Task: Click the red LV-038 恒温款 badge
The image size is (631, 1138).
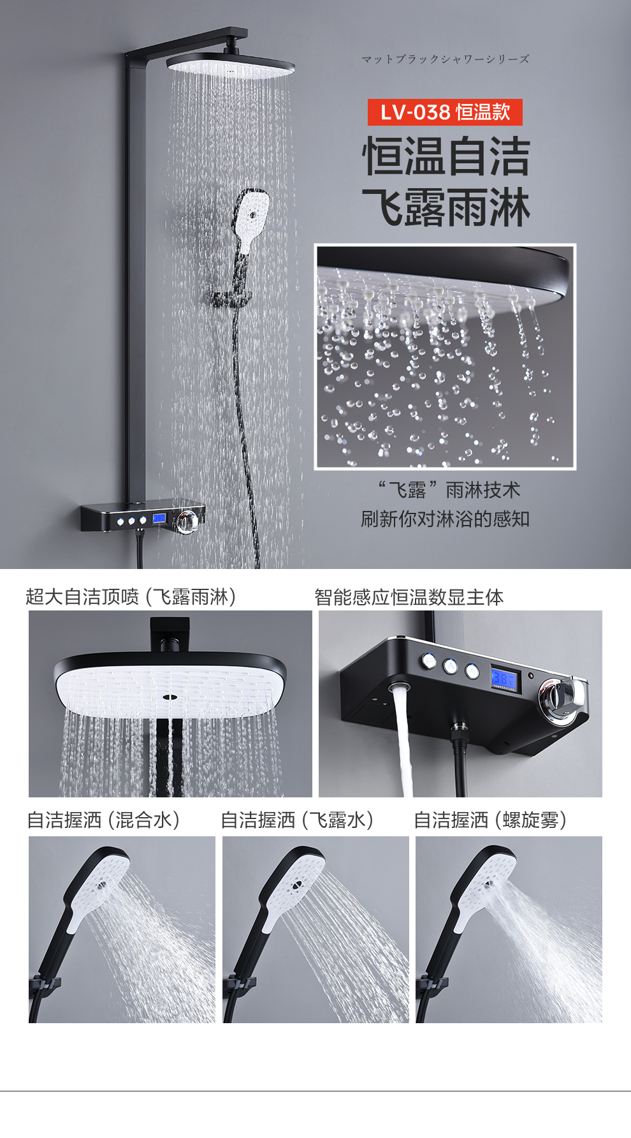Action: [x=445, y=112]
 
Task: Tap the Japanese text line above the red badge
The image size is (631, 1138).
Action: [x=445, y=59]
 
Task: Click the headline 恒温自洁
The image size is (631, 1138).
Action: [x=446, y=156]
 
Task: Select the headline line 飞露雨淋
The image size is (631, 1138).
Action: [x=446, y=207]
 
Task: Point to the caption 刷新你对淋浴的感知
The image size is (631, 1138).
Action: [x=445, y=519]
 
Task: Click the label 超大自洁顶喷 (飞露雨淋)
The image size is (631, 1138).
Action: [x=131, y=596]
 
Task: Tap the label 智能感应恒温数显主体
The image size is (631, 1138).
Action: [x=409, y=596]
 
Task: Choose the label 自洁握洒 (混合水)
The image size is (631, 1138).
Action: [x=104, y=820]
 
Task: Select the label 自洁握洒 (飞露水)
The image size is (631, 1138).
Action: [x=298, y=820]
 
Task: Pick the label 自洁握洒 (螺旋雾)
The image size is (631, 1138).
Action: [x=491, y=820]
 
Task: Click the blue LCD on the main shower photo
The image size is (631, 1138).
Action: [x=159, y=519]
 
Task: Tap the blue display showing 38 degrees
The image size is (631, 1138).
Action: [x=505, y=678]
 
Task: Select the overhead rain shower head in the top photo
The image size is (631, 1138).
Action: [x=230, y=66]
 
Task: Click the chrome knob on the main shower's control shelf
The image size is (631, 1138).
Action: [x=186, y=521]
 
